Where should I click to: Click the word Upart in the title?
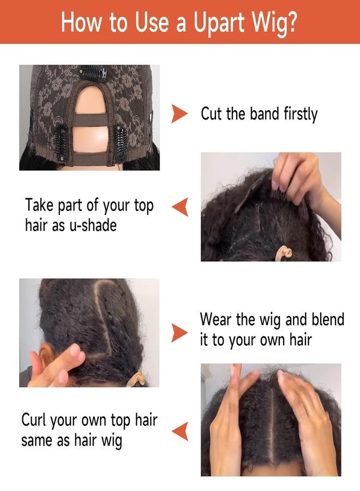219,23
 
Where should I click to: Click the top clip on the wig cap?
93,74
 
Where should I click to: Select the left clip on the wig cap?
61,143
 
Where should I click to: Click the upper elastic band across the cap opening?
91,120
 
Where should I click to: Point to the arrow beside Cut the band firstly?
179,113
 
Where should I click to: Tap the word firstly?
301,115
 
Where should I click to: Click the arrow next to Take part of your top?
180,207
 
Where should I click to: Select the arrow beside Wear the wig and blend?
179,333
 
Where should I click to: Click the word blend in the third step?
328,319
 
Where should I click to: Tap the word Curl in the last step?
34,420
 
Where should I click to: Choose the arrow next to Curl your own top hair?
180,431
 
